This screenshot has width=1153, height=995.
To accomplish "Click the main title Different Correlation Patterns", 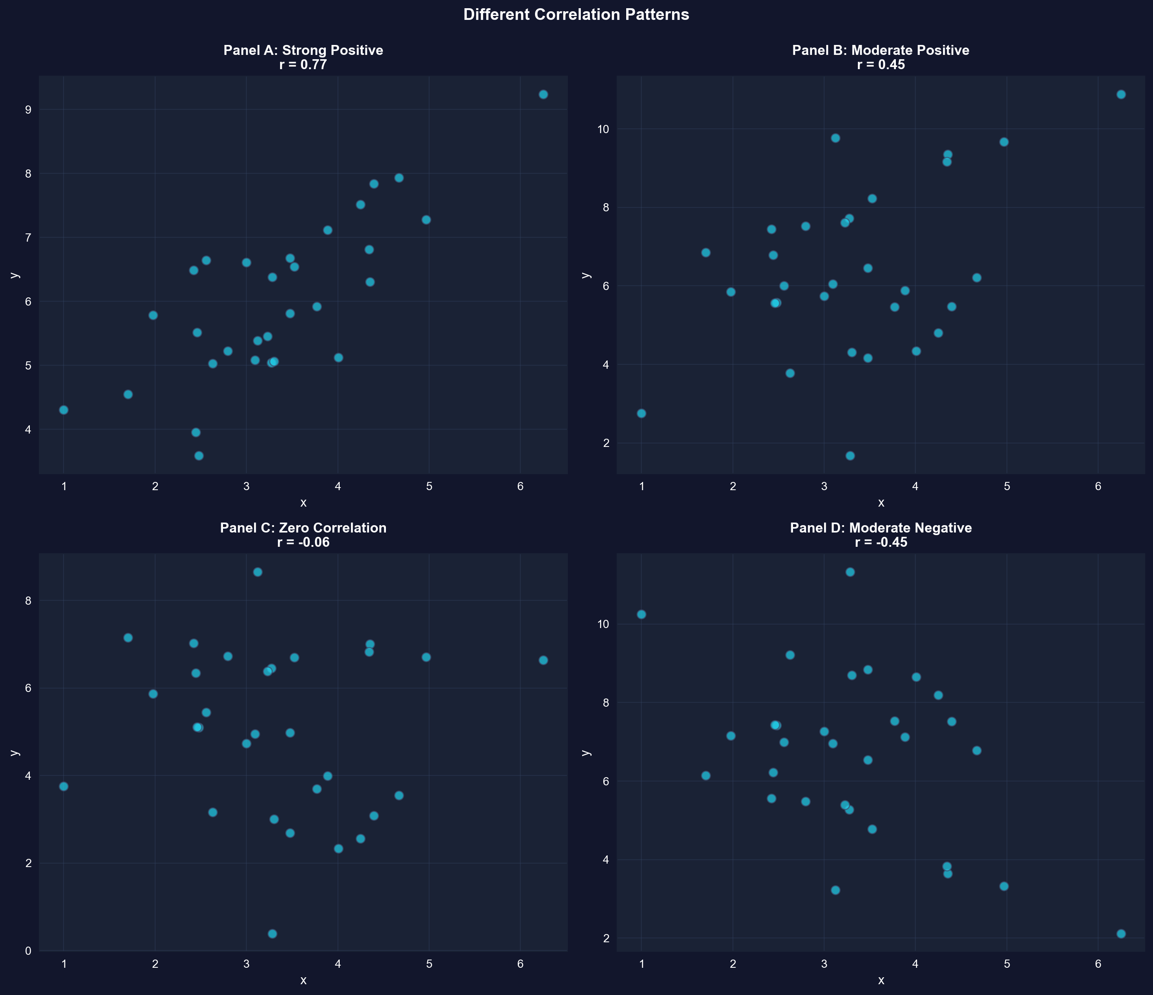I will pos(576,14).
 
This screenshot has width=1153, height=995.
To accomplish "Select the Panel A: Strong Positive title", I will pos(303,50).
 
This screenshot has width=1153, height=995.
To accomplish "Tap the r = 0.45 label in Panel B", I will pos(880,64).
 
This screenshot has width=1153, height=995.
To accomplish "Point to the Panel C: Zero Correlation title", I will pos(303,528).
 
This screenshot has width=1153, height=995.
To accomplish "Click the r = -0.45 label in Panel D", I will pos(880,542).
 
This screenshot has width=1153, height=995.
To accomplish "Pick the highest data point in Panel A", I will pos(543,95).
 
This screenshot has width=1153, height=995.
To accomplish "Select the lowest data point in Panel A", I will pos(199,456).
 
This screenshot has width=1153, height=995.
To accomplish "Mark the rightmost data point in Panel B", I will pos(1121,95).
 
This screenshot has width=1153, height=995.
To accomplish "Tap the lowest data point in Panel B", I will pos(850,456).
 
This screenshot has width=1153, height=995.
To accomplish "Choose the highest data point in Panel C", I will pos(258,572).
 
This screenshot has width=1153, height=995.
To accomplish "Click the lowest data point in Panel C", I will pos(272,934).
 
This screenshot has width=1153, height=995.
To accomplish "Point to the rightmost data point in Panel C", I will pos(543,660).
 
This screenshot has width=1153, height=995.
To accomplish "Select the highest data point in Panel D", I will pos(850,572).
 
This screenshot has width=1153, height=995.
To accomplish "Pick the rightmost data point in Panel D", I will pos(1121,934).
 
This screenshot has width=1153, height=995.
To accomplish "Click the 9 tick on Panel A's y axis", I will pos(28,110).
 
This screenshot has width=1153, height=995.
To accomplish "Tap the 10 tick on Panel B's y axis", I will pos(603,129).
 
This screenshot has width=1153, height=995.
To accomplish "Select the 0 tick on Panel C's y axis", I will pos(28,951).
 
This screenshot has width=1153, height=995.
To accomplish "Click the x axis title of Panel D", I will pos(880,980).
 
